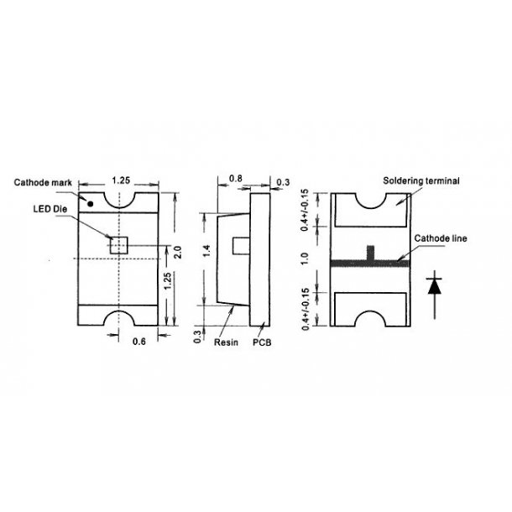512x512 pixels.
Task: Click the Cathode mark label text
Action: pyautogui.click(x=43, y=181)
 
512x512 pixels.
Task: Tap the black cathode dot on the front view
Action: pyautogui.click(x=89, y=202)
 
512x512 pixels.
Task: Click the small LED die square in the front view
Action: pyautogui.click(x=118, y=244)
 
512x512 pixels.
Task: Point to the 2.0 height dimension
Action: pyautogui.click(x=177, y=253)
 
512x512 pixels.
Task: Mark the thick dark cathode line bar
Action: pyautogui.click(x=369, y=263)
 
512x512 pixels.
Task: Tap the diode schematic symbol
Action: pyautogui.click(x=434, y=285)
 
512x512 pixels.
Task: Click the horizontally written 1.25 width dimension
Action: pyautogui.click(x=119, y=180)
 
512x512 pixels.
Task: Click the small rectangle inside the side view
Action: pyautogui.click(x=240, y=248)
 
